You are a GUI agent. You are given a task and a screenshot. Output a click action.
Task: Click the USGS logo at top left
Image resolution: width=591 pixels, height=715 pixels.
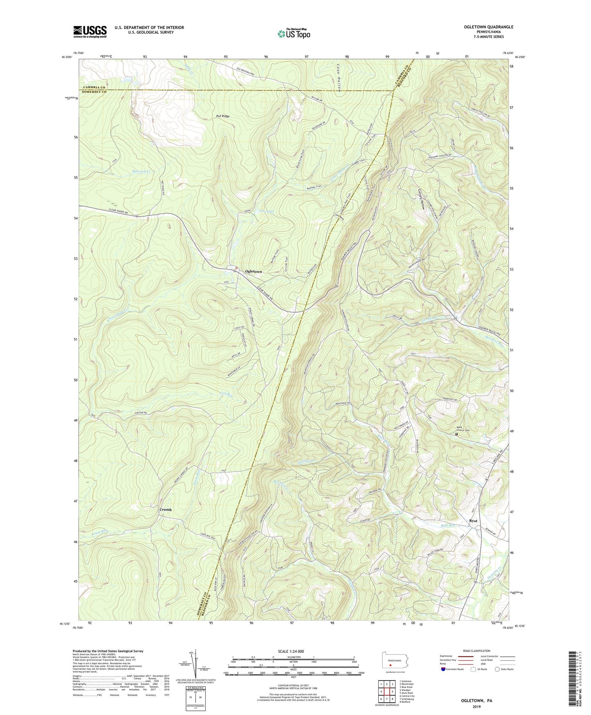tap(90, 32)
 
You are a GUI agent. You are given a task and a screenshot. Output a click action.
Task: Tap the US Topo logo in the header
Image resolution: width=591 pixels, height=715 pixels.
tap(293, 34)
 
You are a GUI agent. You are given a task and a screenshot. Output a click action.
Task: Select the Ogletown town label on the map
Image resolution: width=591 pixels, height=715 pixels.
tap(253, 272)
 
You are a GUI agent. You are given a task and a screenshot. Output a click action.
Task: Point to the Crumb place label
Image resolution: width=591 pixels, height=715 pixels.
tap(165, 510)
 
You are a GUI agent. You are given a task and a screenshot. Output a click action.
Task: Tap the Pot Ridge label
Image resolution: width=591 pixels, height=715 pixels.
tap(222, 116)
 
